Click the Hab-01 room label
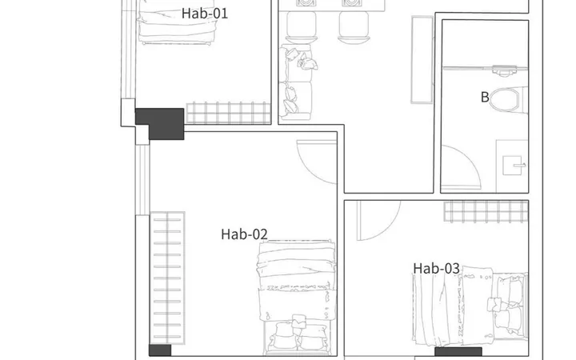205,14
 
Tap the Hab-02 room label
244,234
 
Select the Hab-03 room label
437,269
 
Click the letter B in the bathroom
485,98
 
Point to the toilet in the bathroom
509,100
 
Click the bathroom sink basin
512,166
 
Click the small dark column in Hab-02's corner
160,350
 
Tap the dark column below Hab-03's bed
458,351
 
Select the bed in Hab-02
297,298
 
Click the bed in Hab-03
470,306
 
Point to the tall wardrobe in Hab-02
167,278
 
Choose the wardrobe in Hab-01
229,113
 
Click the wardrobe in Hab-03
486,211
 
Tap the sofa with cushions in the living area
296,82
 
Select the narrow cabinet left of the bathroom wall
422,59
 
